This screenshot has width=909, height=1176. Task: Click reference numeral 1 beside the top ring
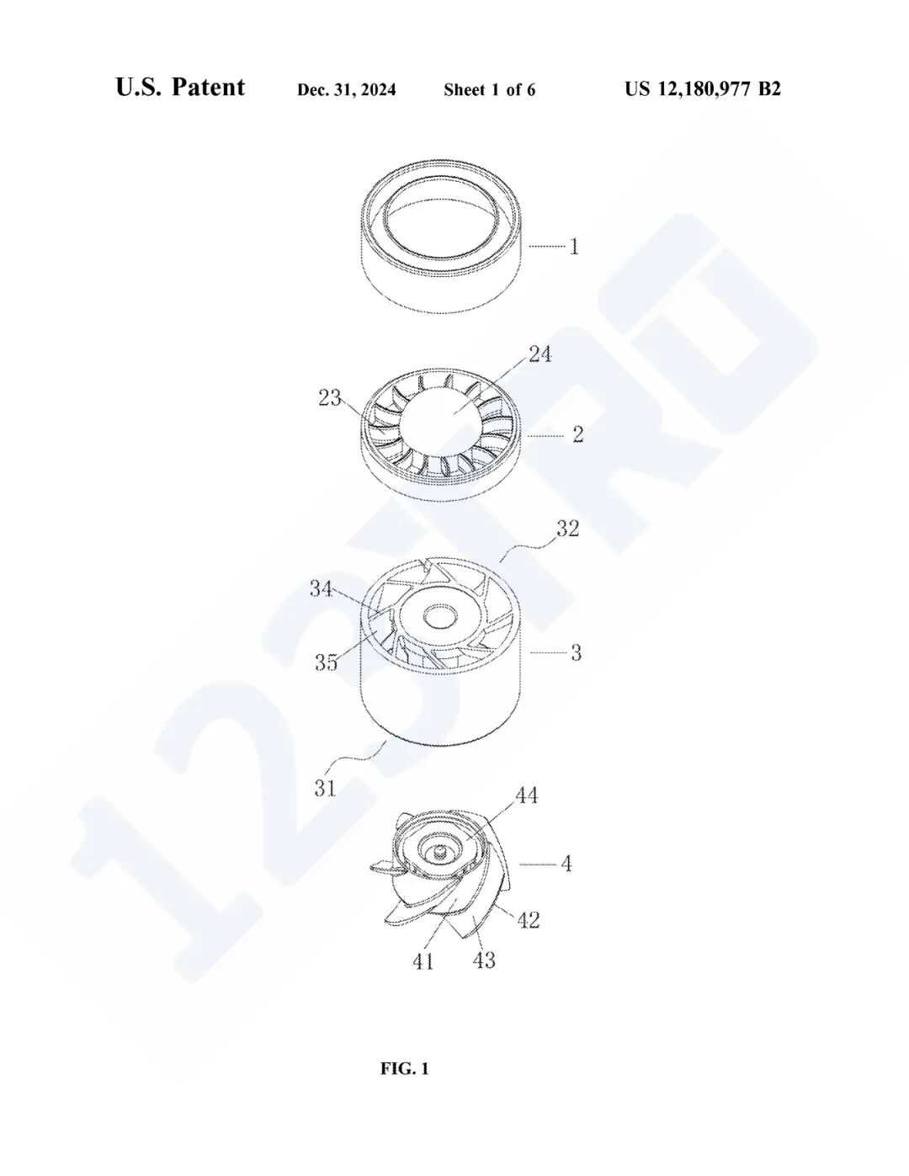click(574, 247)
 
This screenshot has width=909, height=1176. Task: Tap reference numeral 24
click(540, 354)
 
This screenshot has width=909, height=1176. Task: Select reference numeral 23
click(330, 398)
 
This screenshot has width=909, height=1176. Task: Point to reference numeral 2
click(578, 434)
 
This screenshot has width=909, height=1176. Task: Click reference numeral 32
click(567, 529)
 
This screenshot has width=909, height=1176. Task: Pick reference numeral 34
click(321, 588)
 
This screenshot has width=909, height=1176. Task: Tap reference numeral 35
click(327, 662)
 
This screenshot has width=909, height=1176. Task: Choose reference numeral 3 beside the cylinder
click(577, 653)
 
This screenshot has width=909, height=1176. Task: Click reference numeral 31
click(325, 788)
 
